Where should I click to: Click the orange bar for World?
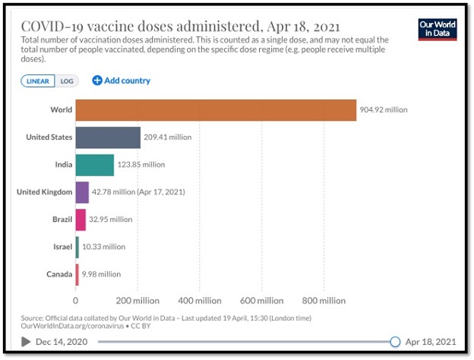216,109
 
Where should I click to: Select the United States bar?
108,137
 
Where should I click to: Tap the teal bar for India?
94,164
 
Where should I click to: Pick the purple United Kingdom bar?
82,192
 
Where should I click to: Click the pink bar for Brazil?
81,219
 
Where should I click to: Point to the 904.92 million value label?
384,109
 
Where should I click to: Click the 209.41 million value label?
167,137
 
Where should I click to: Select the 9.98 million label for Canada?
100,274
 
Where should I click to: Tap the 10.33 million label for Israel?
103,247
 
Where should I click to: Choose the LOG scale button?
67,81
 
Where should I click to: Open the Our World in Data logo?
438,29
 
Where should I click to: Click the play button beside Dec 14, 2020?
27,342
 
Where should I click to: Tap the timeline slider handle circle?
394,342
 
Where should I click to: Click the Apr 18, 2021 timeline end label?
432,342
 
